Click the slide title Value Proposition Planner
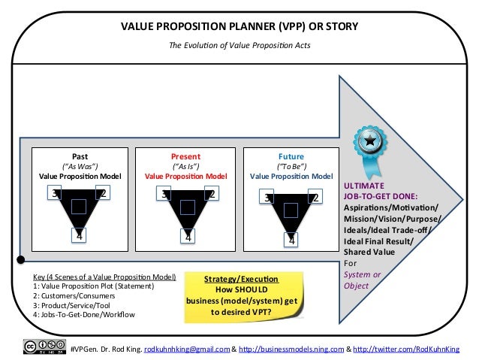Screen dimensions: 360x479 pyautogui.click(x=239, y=28)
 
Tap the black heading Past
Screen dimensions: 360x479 pyautogui.click(x=80, y=157)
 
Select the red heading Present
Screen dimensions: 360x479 pyautogui.click(x=185, y=157)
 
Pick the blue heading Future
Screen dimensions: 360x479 pyautogui.click(x=291, y=157)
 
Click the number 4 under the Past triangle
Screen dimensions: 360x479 pyautogui.click(x=80, y=234)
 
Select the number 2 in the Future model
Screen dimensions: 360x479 pyautogui.click(x=315, y=198)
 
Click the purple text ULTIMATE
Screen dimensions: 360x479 pyautogui.click(x=363, y=185)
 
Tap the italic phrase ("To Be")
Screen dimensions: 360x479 pyautogui.click(x=291, y=167)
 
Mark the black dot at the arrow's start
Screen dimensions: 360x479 pyautogui.click(x=20, y=261)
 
